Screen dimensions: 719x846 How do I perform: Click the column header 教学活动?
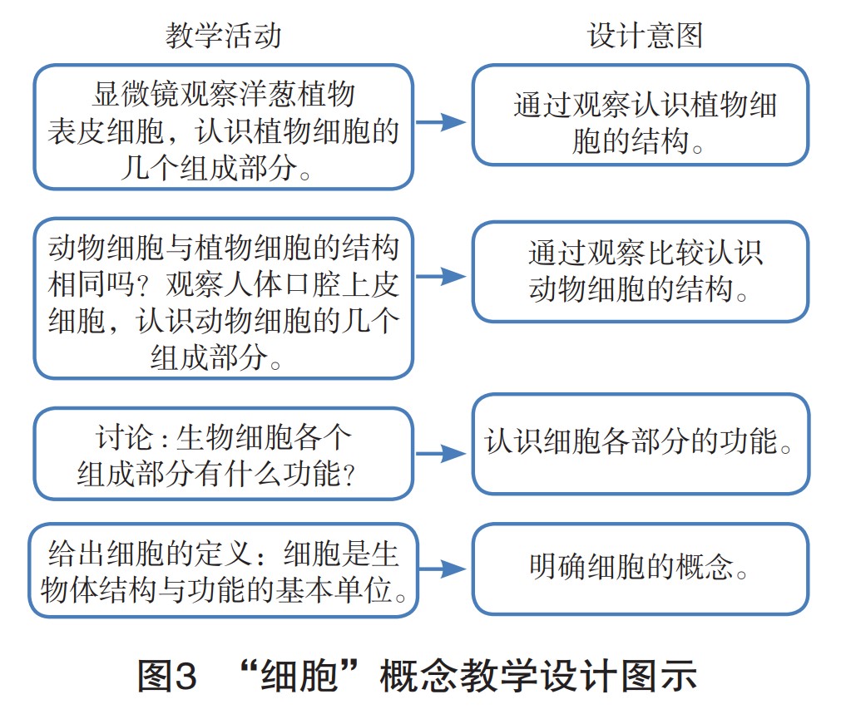click(x=223, y=35)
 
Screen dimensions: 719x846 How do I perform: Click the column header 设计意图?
click(x=645, y=35)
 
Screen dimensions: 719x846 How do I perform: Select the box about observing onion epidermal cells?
click(x=223, y=127)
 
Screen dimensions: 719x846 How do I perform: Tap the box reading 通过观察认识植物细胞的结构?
click(x=641, y=116)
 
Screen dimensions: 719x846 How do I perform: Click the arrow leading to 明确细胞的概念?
click(x=442, y=569)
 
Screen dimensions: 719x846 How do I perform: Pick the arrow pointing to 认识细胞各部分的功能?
click(x=442, y=453)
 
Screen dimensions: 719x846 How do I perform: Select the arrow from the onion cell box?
click(x=442, y=123)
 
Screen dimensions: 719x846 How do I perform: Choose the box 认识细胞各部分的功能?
click(x=641, y=444)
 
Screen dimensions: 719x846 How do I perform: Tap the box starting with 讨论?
click(x=223, y=453)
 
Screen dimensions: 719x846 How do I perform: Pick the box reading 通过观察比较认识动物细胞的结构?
click(x=641, y=271)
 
